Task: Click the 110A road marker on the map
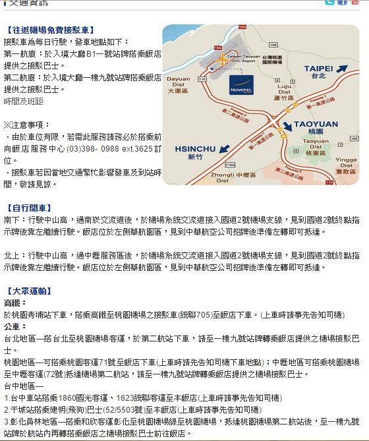(x=230, y=165)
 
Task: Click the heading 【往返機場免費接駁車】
(x=49, y=30)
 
